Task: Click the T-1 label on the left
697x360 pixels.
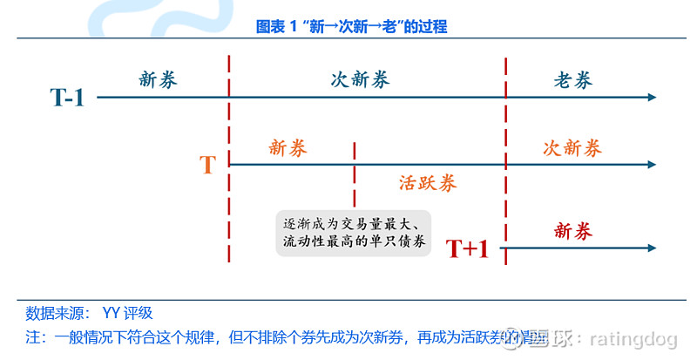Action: pyautogui.click(x=66, y=98)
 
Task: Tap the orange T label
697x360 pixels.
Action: pyautogui.click(x=207, y=165)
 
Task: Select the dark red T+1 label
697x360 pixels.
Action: pyautogui.click(x=467, y=249)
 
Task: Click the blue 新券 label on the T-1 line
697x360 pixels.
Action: pyautogui.click(x=158, y=80)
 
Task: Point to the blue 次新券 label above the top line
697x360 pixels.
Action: pyautogui.click(x=360, y=80)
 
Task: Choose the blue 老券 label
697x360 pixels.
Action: pyautogui.click(x=572, y=80)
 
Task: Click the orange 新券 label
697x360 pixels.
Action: pyautogui.click(x=288, y=148)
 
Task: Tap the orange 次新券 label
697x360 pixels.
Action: pyautogui.click(x=572, y=148)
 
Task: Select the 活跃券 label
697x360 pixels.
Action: pyautogui.click(x=428, y=183)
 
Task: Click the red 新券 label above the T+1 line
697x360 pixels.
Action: pyautogui.click(x=572, y=231)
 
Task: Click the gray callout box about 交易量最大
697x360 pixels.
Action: pyautogui.click(x=355, y=232)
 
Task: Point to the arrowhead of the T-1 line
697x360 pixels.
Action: pyautogui.click(x=652, y=98)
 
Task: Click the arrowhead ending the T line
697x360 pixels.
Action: pyautogui.click(x=652, y=164)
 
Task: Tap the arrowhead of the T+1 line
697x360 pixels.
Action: pyautogui.click(x=652, y=248)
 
